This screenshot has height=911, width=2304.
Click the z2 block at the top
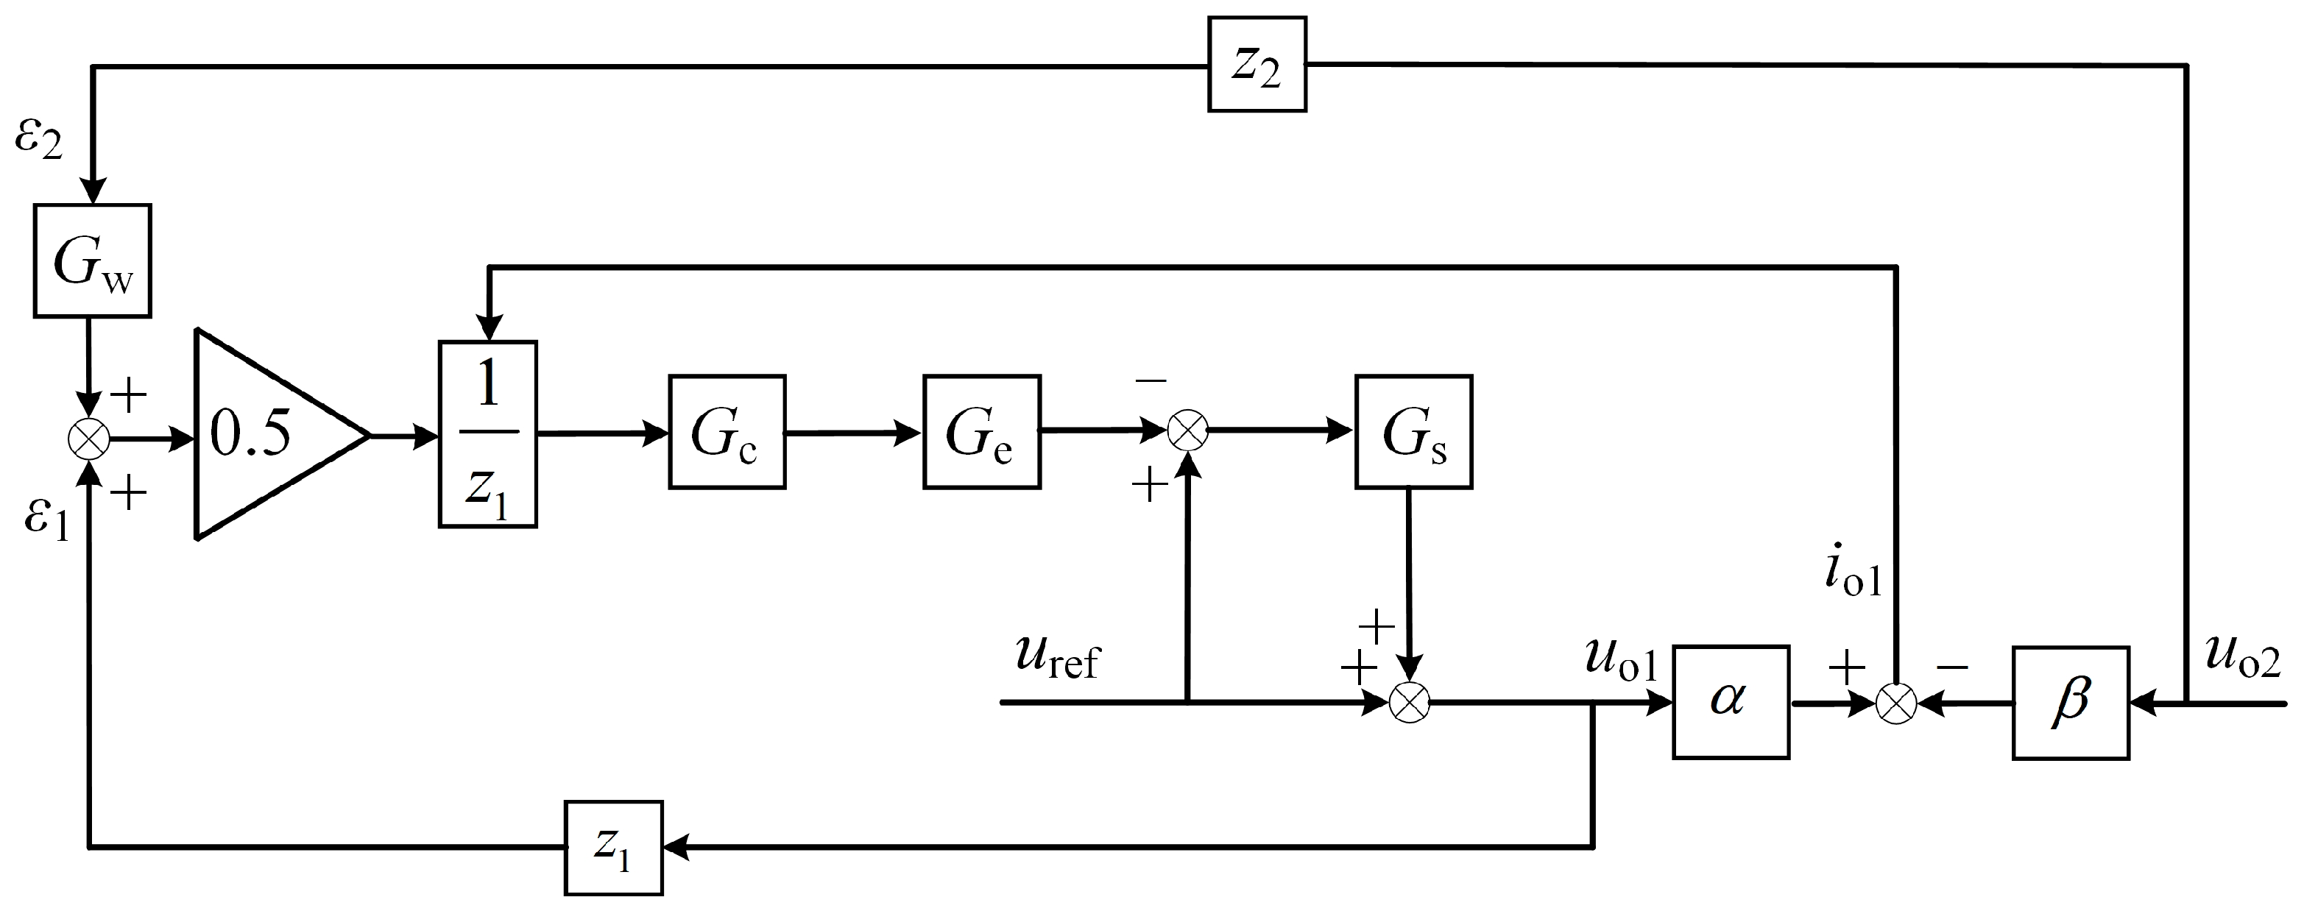click(x=1257, y=64)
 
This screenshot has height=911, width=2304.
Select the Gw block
click(x=92, y=261)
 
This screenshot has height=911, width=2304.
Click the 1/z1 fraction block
click(x=487, y=434)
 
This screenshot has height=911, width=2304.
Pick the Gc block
click(x=727, y=432)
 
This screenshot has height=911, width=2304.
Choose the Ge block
click(x=981, y=432)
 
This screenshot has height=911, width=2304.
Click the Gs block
click(x=1413, y=432)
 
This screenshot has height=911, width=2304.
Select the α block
click(x=1730, y=702)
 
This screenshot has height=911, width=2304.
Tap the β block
click(x=2070, y=703)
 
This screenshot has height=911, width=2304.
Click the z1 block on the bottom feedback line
click(x=614, y=847)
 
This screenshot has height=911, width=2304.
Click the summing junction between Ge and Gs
click(x=1189, y=430)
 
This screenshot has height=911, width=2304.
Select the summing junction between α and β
click(x=1895, y=703)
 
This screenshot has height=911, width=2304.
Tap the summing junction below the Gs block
click(x=1410, y=703)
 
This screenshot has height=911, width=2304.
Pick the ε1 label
click(x=46, y=519)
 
